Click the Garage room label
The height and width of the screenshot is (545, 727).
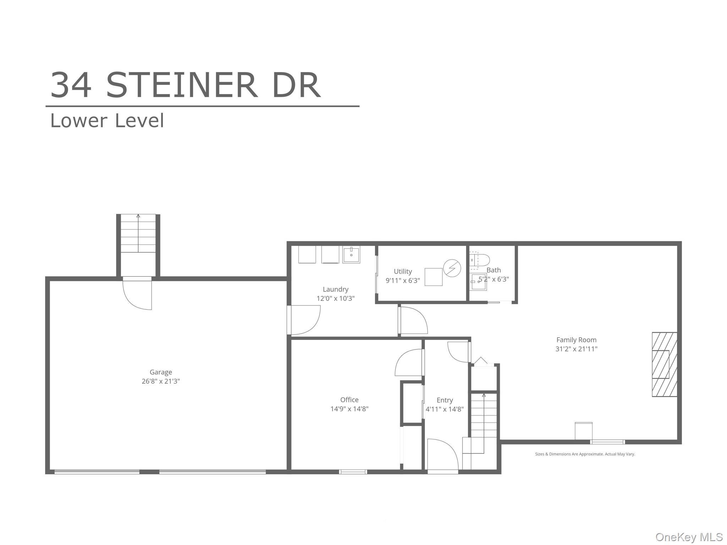coord(160,372)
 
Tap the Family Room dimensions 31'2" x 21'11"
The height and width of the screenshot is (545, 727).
coord(576,349)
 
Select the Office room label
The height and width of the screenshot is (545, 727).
coord(349,400)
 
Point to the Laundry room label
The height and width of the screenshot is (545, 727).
coord(335,289)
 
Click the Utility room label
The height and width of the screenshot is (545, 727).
coord(403,271)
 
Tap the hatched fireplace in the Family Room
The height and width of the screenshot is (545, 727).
coord(664,364)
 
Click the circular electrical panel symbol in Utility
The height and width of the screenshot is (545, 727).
coord(452,268)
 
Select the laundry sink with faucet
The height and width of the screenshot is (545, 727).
coord(351,254)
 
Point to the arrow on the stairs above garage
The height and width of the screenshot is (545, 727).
coord(138,216)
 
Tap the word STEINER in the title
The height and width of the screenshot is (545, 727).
coord(181,85)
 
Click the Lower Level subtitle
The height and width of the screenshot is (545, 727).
coord(107,121)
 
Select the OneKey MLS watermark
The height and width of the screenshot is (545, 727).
coord(689,537)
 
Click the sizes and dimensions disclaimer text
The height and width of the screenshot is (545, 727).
coord(585,454)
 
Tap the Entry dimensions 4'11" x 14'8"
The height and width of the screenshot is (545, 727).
coord(444,409)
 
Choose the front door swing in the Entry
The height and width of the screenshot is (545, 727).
coord(443,455)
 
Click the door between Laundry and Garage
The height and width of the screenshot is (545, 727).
coord(305,320)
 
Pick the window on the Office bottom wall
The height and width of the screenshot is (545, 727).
coord(353,472)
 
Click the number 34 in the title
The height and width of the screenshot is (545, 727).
coord(71,85)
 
